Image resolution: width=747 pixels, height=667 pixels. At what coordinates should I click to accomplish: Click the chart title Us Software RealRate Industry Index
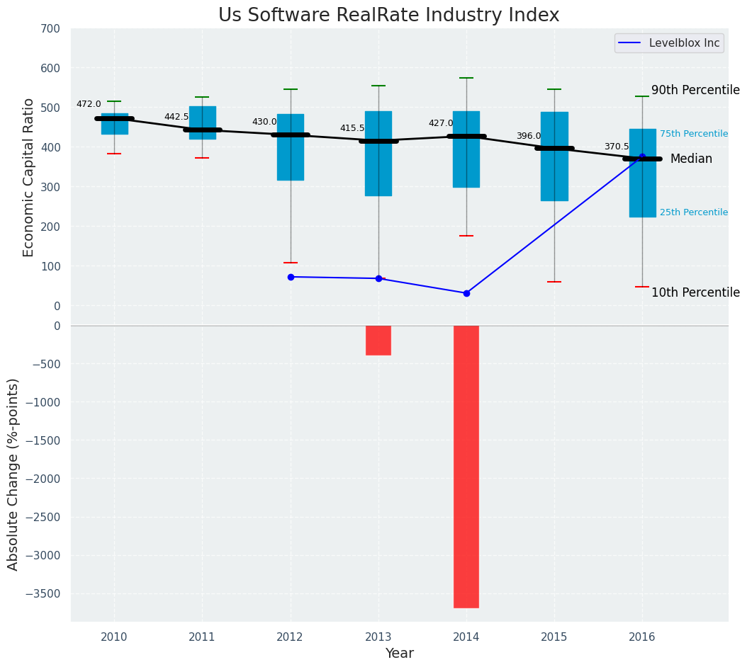pos(388,16)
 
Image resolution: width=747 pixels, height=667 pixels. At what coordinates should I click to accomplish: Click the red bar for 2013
pos(378,340)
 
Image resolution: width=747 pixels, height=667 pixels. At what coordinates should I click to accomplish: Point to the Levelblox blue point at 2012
pos(291,277)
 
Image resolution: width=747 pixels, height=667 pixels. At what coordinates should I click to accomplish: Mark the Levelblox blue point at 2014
pos(466,293)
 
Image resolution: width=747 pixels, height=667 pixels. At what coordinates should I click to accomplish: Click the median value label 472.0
pos(89,104)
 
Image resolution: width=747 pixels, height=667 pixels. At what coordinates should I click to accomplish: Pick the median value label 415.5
pos(352,128)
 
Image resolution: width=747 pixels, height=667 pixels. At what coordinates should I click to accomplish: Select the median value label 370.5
pos(617,147)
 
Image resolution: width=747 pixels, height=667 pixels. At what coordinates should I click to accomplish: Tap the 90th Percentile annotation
pos(695,91)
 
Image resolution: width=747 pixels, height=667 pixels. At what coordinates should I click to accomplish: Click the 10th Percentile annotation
pos(695,293)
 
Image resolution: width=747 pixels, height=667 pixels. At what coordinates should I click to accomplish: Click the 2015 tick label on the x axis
pos(554,637)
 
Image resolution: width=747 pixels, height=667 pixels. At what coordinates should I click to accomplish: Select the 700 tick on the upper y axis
pos(51,28)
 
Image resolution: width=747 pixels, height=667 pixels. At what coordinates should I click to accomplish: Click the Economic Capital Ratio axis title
pos(28,168)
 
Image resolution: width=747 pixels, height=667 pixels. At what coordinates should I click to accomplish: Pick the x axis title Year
pos(399,654)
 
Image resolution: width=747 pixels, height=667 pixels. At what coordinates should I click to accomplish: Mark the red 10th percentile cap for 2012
pos(291,263)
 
